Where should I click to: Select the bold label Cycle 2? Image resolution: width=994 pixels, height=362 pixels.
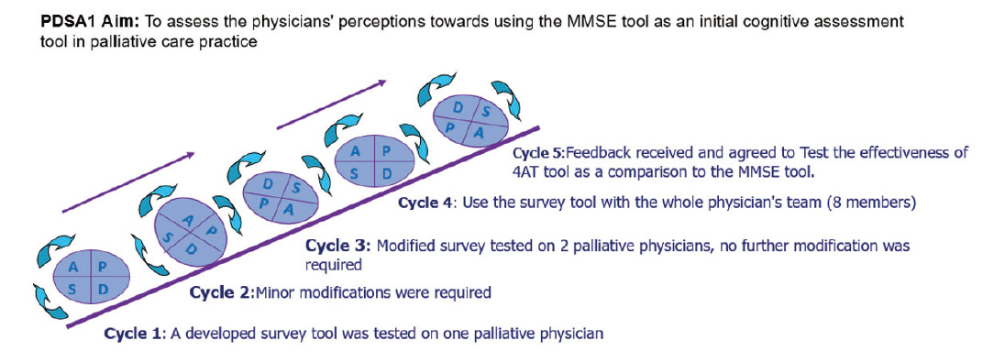point(221,293)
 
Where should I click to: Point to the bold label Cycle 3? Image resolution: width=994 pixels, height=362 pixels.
point(337,245)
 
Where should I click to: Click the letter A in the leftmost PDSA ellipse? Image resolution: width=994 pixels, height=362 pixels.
point(73,269)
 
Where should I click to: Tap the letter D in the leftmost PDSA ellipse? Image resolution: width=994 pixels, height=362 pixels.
point(104,289)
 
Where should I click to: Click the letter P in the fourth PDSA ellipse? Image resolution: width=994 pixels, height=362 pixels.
point(385,151)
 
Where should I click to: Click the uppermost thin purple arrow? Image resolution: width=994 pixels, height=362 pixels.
point(332,104)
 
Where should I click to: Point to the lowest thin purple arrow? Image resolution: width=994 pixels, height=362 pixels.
point(127,182)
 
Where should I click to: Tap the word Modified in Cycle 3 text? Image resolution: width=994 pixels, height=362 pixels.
point(403,245)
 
